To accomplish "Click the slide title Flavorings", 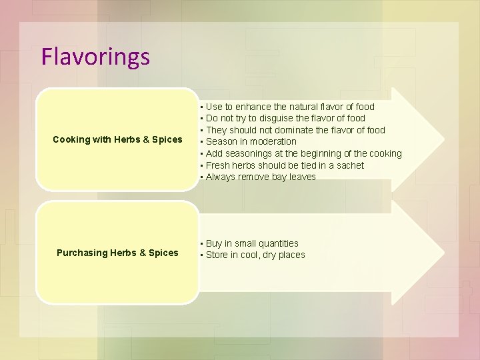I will [x=95, y=57].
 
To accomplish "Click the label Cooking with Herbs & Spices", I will [x=117, y=139].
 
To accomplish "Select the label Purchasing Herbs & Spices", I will [x=117, y=253].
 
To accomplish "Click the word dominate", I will [x=299, y=130].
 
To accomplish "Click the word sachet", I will [x=349, y=165].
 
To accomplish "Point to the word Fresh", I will [x=218, y=165].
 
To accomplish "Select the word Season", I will [x=221, y=141].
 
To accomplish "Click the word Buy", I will [x=215, y=244].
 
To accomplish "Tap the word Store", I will [x=217, y=255].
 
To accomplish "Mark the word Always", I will [x=221, y=177].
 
